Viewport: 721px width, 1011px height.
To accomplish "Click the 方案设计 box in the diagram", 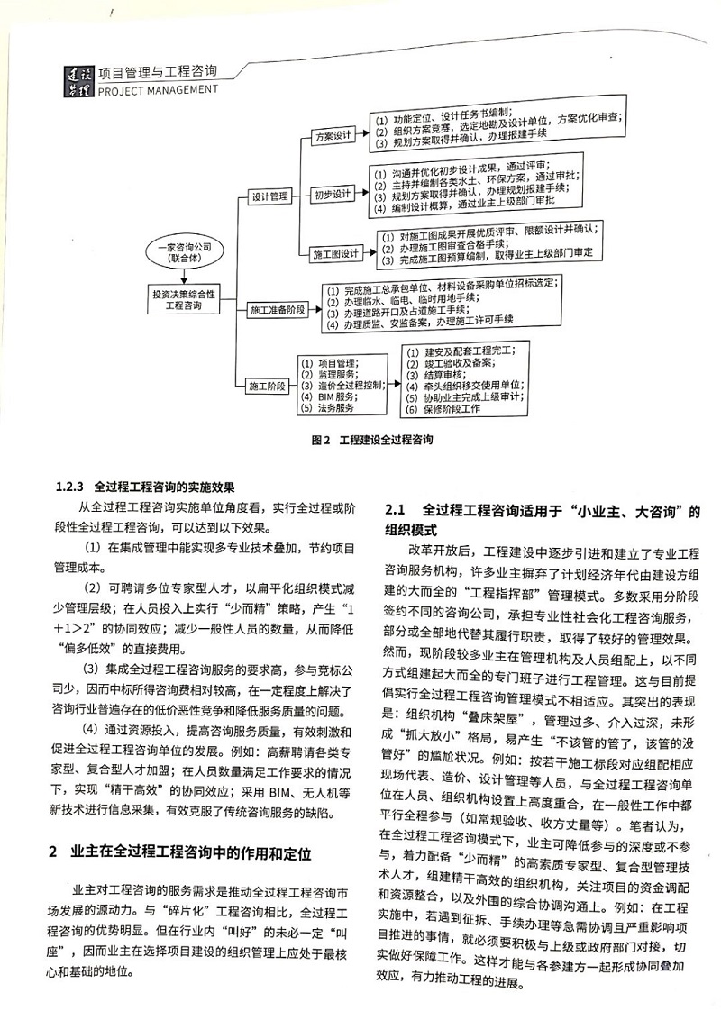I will (x=330, y=136).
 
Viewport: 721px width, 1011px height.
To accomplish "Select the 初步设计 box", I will (x=331, y=194).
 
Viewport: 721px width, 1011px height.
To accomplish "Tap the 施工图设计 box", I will (x=336, y=253).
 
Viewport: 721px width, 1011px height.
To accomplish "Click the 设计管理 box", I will (x=269, y=195).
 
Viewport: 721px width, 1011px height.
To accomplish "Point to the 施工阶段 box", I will (x=267, y=386).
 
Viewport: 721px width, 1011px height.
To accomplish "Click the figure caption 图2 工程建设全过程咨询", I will (x=360, y=442).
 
